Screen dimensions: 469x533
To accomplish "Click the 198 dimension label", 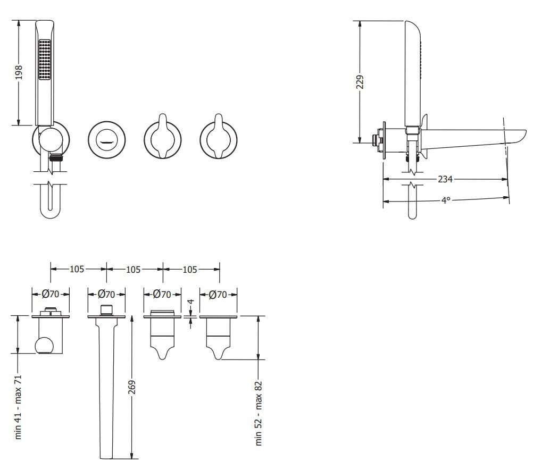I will [19, 73].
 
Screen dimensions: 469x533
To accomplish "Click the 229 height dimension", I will [360, 82].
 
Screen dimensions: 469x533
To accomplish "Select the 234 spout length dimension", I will [445, 179].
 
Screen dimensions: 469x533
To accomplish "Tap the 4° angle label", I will [445, 200].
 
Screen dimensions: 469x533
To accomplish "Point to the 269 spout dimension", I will [132, 387].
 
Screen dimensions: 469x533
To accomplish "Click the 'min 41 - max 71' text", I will [19, 406].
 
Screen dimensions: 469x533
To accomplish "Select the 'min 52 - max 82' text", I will [259, 413].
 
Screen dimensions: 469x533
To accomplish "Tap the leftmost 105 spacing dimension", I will [77, 270].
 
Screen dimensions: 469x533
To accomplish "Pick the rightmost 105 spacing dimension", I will [190, 270].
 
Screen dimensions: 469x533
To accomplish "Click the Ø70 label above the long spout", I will [107, 294].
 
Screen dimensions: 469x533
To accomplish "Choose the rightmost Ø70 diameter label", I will [218, 294].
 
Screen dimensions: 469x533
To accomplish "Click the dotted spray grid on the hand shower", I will [44, 59].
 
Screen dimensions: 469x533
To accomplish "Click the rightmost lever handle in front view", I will [218, 137].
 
